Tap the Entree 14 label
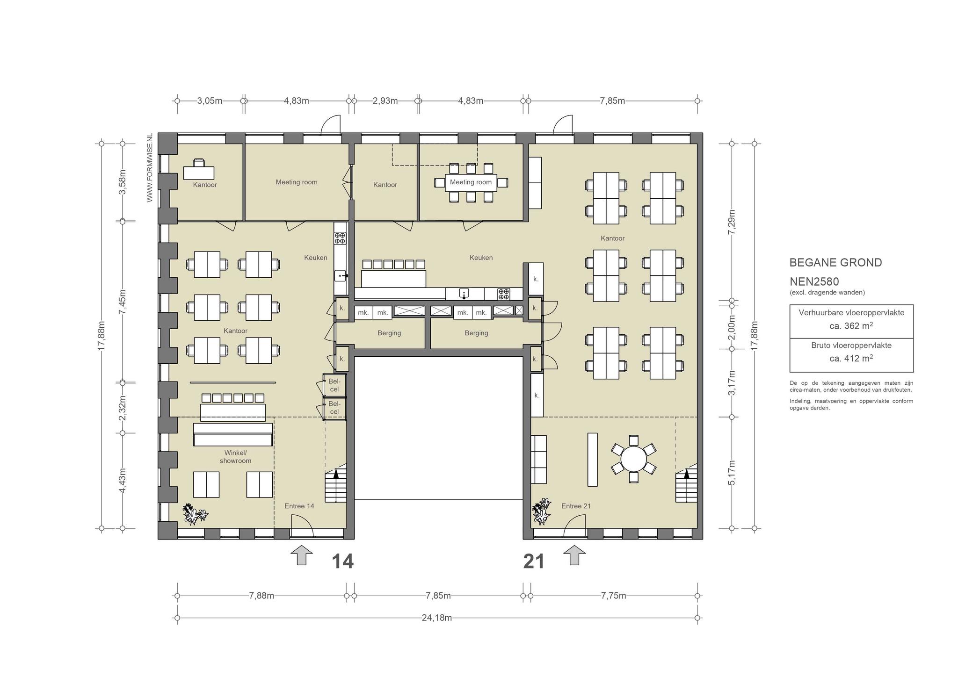(299, 506)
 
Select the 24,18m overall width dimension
(437, 618)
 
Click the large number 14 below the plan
(342, 561)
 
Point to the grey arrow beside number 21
(574, 555)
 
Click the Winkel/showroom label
(236, 457)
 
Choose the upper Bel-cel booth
(334, 385)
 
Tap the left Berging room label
(389, 333)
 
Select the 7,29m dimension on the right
(732, 223)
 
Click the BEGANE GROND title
(835, 263)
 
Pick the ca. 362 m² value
(851, 325)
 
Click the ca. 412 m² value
(851, 358)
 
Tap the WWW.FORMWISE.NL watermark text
(150, 168)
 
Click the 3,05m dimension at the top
(210, 101)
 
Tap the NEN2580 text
(814, 282)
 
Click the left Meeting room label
(297, 182)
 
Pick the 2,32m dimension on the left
(123, 408)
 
